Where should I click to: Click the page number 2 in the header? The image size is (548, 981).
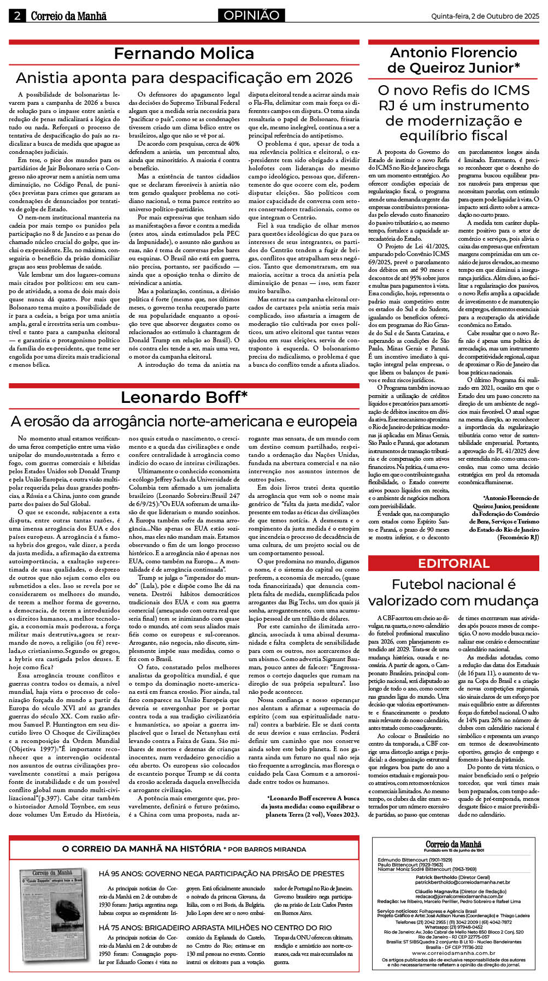17,16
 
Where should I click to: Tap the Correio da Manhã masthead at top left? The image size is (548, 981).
68,16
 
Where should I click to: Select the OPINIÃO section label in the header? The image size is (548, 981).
251,15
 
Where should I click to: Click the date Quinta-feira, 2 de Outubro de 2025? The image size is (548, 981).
485,16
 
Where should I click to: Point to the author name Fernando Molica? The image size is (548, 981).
184,53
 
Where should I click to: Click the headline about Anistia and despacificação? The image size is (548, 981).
184,78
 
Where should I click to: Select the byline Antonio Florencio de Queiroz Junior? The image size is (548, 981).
453,60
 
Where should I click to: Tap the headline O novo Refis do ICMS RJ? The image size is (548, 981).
453,112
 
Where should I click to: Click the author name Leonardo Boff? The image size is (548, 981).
184,397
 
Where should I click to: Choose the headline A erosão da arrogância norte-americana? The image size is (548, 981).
184,421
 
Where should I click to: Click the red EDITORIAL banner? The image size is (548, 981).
453,563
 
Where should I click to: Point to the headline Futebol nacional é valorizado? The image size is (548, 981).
453,592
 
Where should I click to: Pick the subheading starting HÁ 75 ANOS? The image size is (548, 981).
215,928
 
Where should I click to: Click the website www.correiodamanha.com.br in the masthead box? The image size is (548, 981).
453,953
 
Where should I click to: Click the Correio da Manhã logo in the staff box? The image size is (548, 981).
453,845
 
